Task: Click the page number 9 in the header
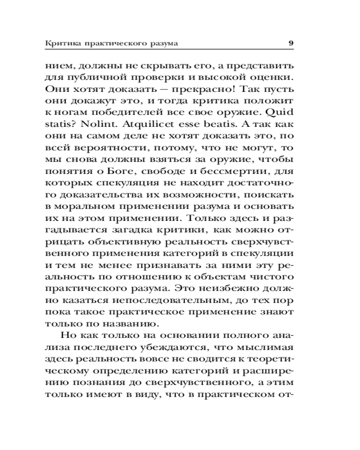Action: [291, 43]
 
